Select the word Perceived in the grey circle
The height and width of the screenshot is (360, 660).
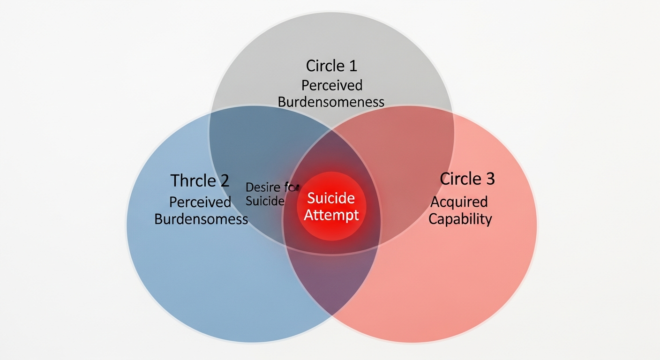[x=331, y=85]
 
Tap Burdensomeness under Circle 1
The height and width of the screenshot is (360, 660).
[x=331, y=102]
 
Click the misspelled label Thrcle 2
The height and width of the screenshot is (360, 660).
[x=200, y=180]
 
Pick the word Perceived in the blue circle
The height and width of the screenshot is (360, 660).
[x=200, y=202]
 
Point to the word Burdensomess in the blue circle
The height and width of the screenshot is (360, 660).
[x=201, y=219]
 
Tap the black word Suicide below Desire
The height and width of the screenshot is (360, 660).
[x=265, y=202]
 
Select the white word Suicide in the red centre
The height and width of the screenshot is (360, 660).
[x=330, y=198]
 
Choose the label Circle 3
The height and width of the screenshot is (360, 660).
[x=467, y=179]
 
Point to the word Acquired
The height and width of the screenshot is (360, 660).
[x=459, y=202]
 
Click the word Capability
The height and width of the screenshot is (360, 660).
[x=460, y=219]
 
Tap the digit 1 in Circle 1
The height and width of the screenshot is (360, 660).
[x=352, y=66]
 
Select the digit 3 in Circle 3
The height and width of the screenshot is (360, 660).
[x=489, y=179]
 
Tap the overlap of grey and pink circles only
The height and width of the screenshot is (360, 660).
[x=398, y=155]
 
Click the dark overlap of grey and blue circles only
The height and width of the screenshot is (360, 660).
[x=262, y=145]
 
